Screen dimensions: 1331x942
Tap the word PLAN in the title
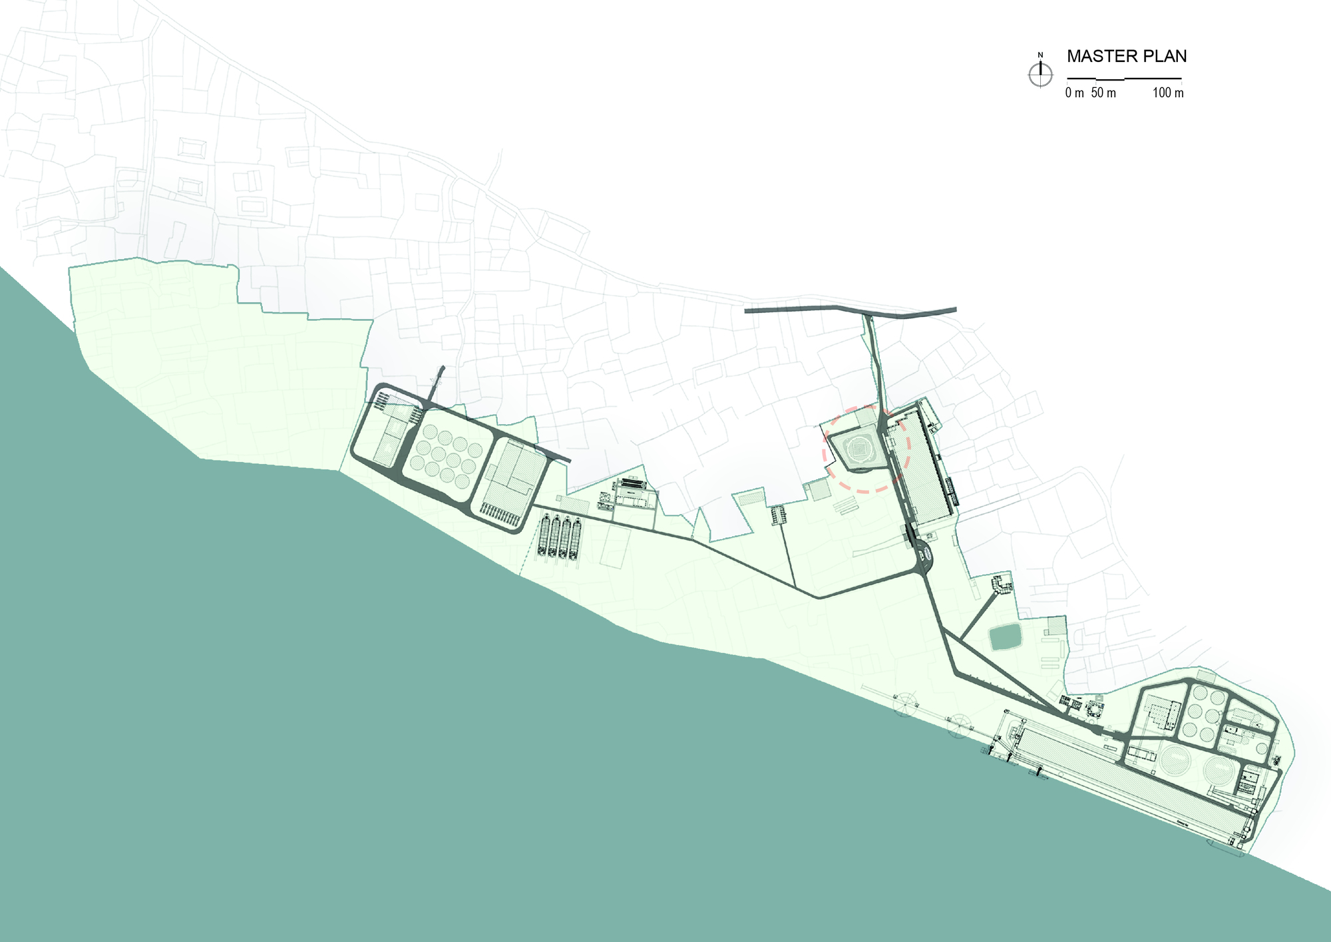click(x=1165, y=57)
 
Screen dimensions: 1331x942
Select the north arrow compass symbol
click(x=1041, y=75)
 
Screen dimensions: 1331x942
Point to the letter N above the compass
click(x=1041, y=55)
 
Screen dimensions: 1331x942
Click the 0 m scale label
click(x=1074, y=93)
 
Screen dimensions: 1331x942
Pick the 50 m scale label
click(x=1103, y=93)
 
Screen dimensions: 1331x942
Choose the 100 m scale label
click(x=1168, y=93)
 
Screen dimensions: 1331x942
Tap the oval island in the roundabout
click(x=924, y=551)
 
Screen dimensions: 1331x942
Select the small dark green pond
click(x=1005, y=637)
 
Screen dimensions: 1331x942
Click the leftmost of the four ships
click(x=545, y=536)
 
